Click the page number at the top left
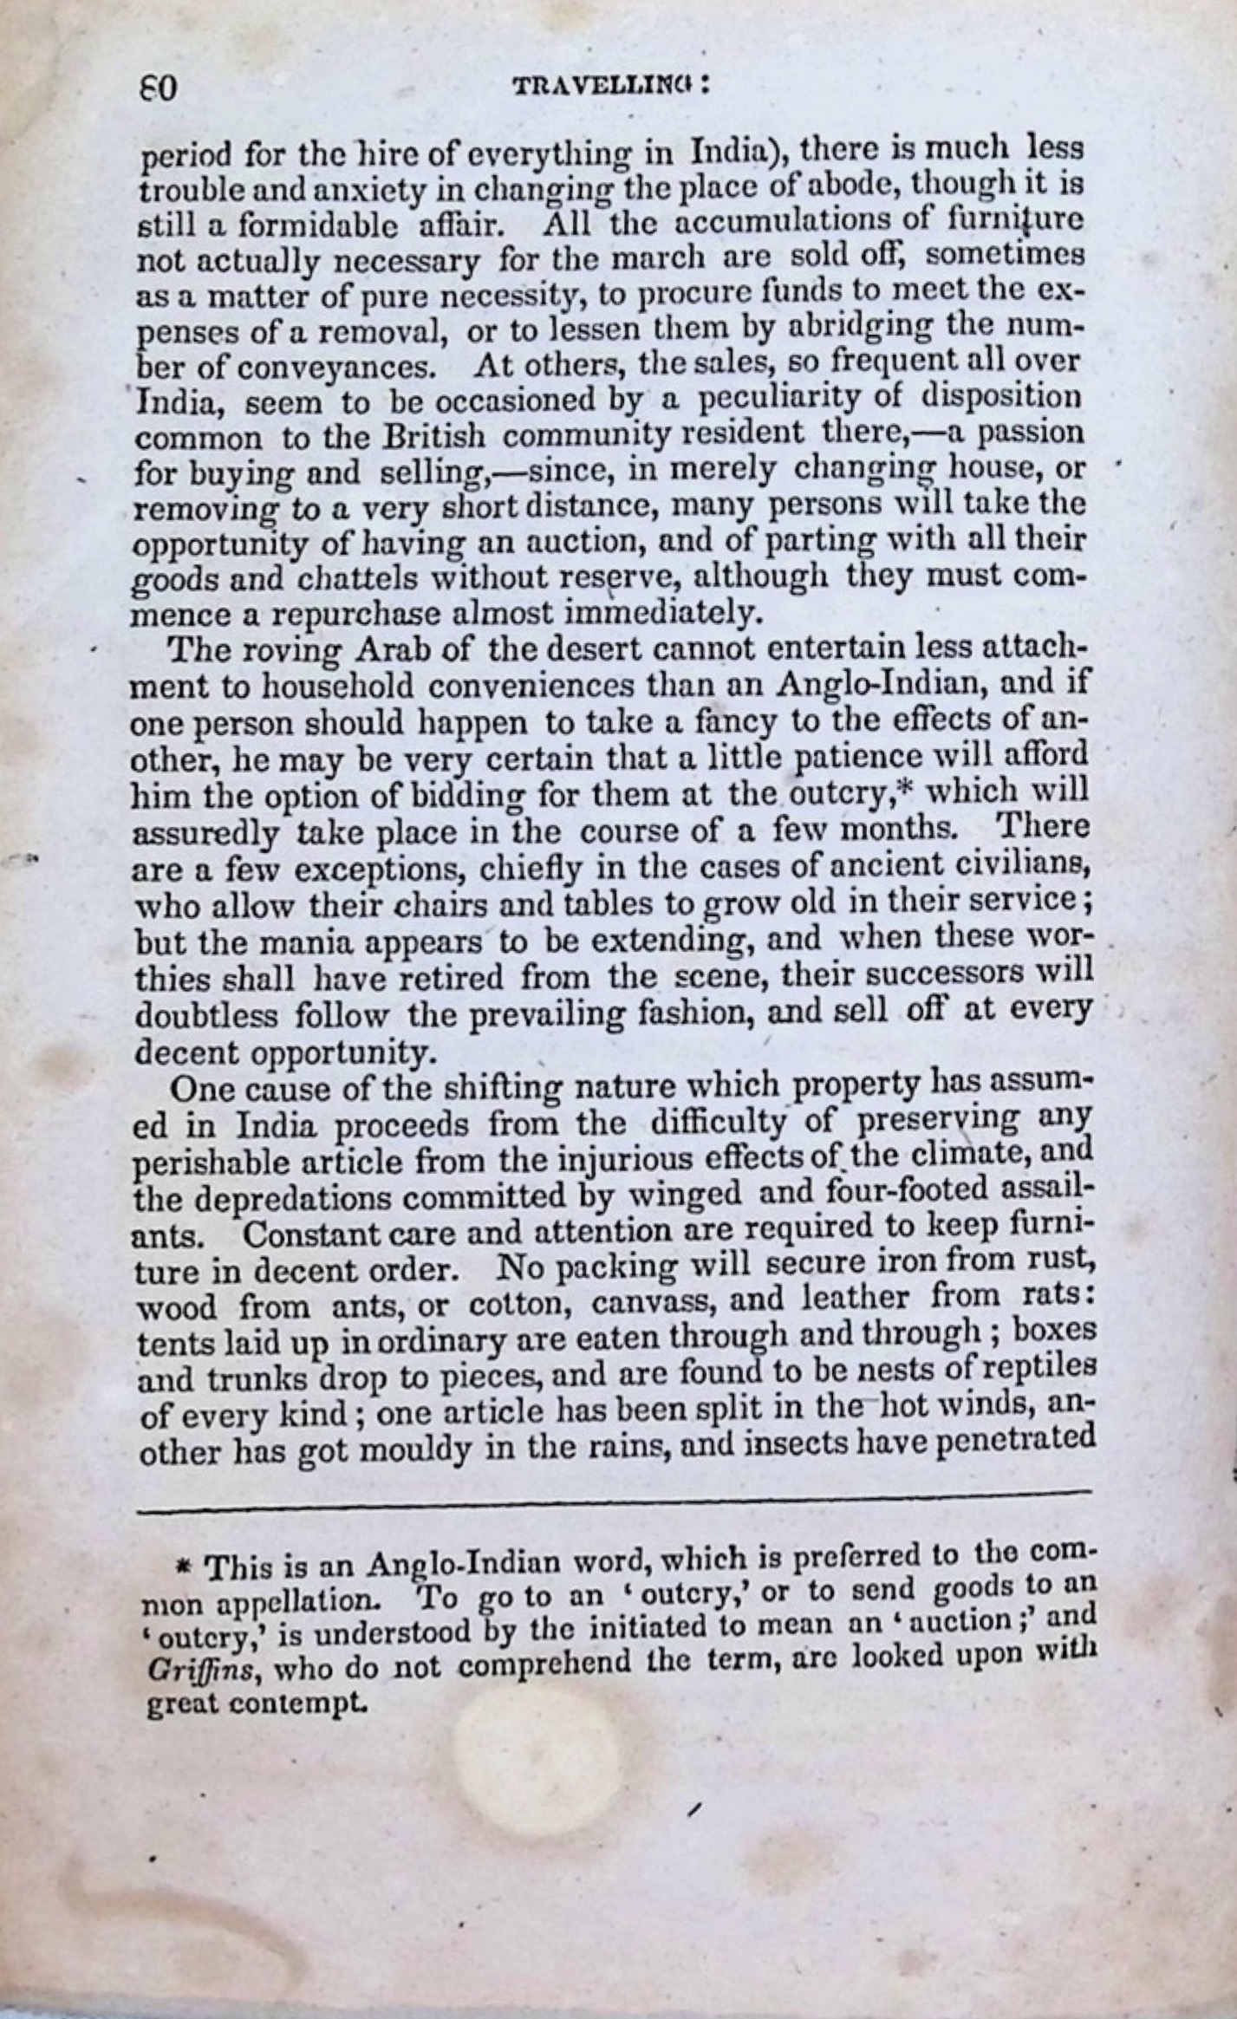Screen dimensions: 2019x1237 point(159,89)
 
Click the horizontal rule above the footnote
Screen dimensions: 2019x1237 point(611,1491)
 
